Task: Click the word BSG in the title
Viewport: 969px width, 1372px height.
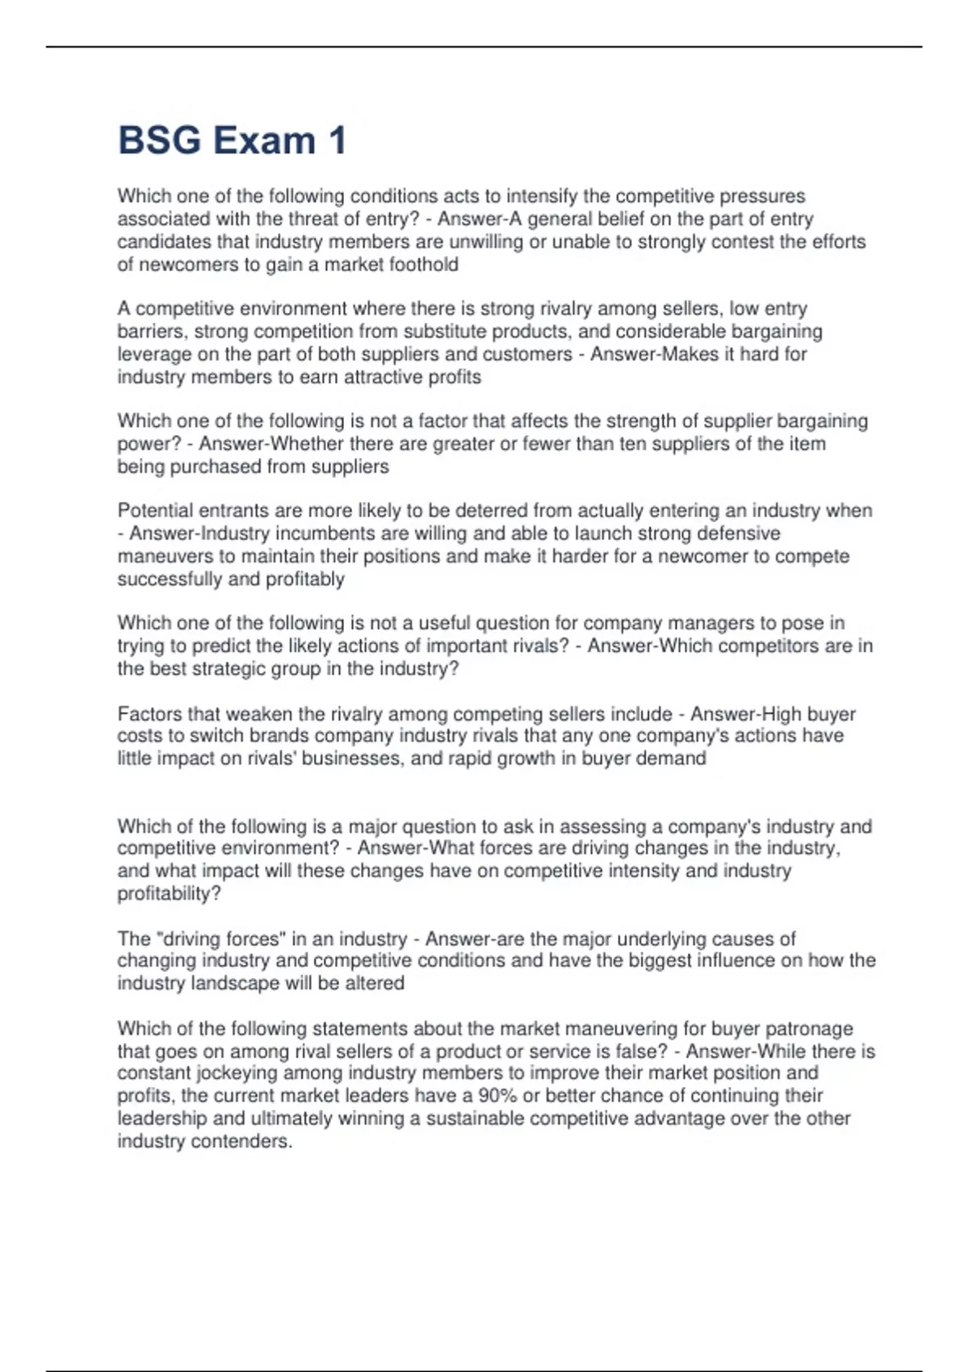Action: coord(159,140)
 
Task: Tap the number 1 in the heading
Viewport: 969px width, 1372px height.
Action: coord(337,140)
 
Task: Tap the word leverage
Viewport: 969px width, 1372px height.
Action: coord(153,354)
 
